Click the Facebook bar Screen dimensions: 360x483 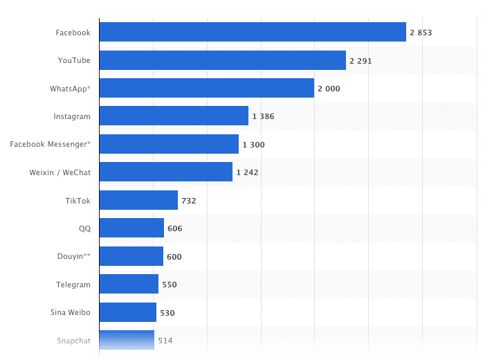253,32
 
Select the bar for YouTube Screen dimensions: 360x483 222,60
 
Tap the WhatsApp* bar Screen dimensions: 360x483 206,89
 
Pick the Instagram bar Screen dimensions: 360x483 174,116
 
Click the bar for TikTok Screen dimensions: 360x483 138,200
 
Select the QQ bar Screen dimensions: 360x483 131,228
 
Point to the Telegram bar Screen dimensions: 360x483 129,284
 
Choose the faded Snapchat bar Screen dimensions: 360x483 127,340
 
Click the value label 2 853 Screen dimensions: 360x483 421,33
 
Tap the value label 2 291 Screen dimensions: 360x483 361,61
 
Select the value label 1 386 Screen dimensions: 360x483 263,116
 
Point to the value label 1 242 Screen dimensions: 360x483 247,172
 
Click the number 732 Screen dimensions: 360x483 189,201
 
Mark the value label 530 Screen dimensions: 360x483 167,313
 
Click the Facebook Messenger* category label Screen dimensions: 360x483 50,144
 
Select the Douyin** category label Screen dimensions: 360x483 73,256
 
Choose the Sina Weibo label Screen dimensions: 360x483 70,312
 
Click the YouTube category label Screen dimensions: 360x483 74,60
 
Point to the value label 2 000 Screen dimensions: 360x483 329,89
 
